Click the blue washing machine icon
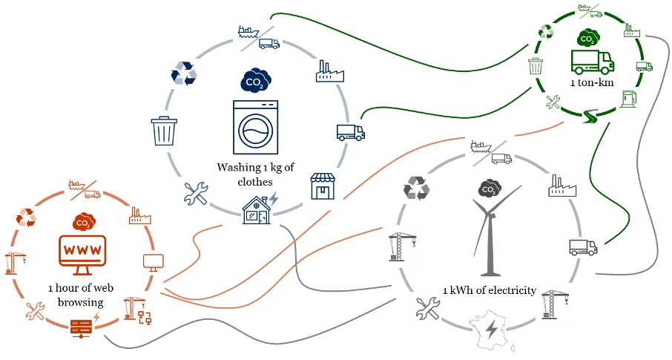[255, 127]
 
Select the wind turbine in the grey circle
[490, 230]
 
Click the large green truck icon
[593, 61]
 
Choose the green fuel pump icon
[627, 99]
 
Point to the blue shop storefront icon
[323, 188]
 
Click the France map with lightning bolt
[492, 330]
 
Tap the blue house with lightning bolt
[258, 211]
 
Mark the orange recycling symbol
[27, 217]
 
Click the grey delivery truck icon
[583, 248]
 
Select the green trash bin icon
[537, 66]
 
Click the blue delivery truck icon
[350, 133]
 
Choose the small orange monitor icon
[156, 262]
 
